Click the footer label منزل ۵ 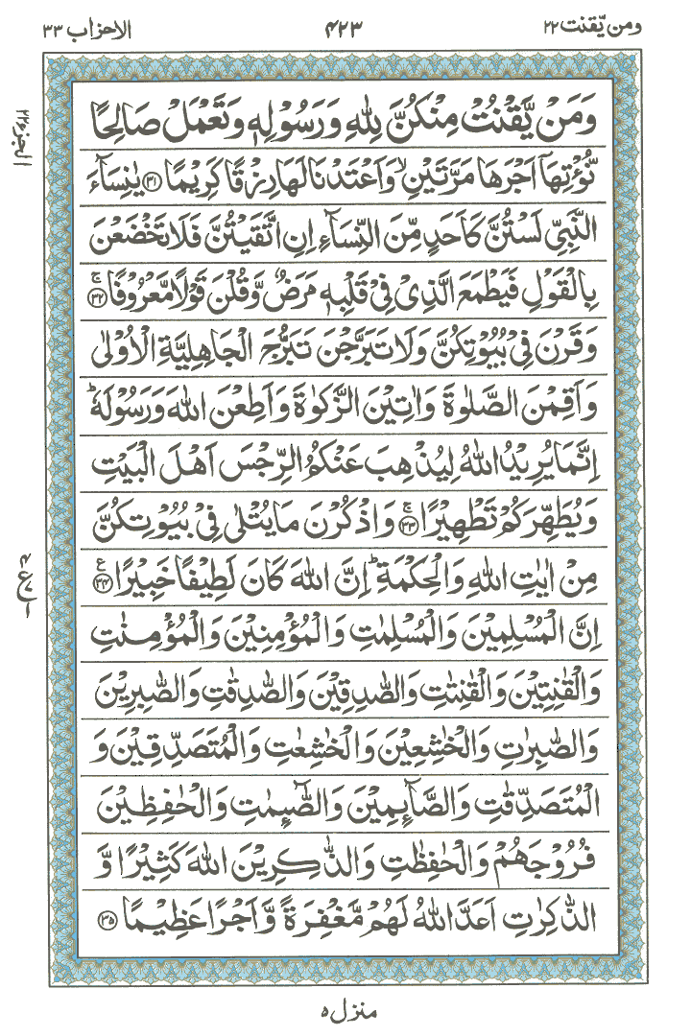click(x=345, y=1010)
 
